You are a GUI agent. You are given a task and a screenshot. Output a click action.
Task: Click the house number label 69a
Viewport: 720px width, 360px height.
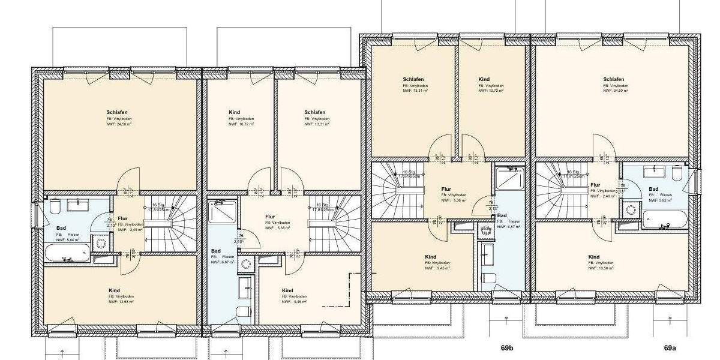(x=670, y=347)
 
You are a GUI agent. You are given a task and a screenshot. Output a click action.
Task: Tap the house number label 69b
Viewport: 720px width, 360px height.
(x=508, y=347)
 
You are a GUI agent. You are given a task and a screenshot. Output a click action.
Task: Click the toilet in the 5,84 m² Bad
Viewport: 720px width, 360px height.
(x=55, y=208)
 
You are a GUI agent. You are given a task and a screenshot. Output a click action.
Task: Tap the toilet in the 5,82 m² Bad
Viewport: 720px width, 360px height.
(x=677, y=173)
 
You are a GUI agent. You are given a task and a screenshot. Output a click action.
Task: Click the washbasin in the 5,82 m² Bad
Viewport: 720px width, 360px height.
(x=653, y=173)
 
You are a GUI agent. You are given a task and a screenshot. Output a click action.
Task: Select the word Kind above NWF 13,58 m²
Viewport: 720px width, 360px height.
(x=114, y=290)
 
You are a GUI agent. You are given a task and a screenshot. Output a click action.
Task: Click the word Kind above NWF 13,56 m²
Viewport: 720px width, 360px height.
(x=594, y=257)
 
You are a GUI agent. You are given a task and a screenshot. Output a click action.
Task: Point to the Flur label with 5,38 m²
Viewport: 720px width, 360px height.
(x=270, y=216)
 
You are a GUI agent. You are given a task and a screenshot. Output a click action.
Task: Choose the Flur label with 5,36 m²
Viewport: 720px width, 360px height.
(x=446, y=188)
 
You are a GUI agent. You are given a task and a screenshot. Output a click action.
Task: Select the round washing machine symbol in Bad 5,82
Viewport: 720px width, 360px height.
(x=631, y=211)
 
